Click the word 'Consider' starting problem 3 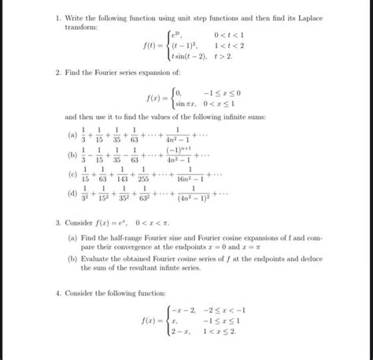81,223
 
